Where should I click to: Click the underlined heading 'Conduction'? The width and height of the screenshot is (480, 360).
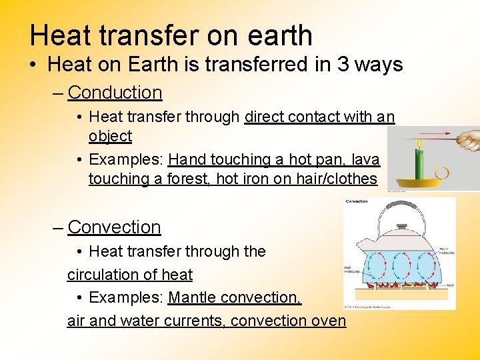coord(115,93)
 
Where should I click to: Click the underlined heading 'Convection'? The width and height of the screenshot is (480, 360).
coord(114,227)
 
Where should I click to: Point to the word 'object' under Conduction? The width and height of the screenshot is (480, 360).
coord(110,136)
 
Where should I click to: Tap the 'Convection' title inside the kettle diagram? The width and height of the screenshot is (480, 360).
coord(357,201)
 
